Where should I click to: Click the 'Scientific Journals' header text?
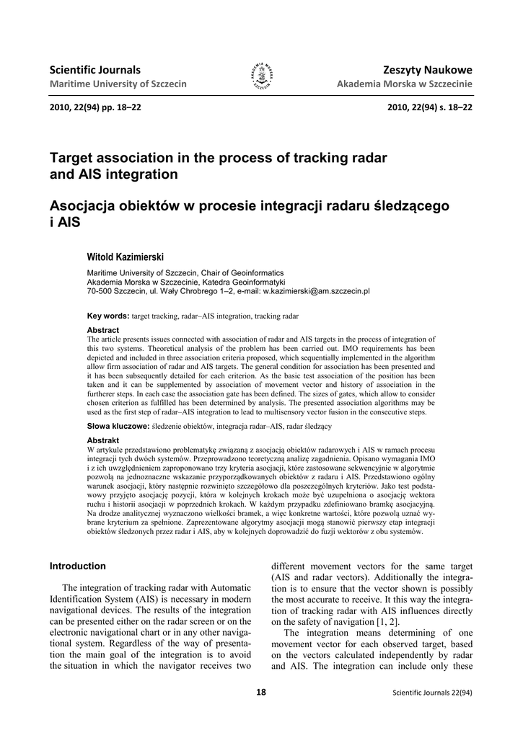tap(95, 70)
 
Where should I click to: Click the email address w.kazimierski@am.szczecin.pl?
tap(316, 291)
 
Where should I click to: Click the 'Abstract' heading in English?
tap(102, 330)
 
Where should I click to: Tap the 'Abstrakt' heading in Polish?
tap(102, 440)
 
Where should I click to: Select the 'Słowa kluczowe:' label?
tap(118, 427)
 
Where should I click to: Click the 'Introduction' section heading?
tap(77, 566)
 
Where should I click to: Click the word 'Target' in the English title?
tap(74, 158)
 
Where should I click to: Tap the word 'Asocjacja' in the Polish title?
tap(90, 205)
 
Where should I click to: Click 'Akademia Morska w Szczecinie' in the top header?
tap(405, 84)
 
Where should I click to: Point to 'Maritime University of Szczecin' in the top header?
tap(118, 84)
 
